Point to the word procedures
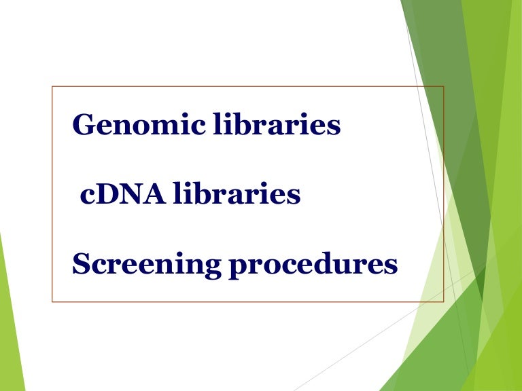coord(313,265)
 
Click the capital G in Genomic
coord(84,125)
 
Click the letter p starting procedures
coord(237,267)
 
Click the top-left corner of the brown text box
coord(52,86)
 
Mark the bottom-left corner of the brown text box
coord(52,301)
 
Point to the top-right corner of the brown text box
coord(444,86)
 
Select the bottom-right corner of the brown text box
coord(444,301)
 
